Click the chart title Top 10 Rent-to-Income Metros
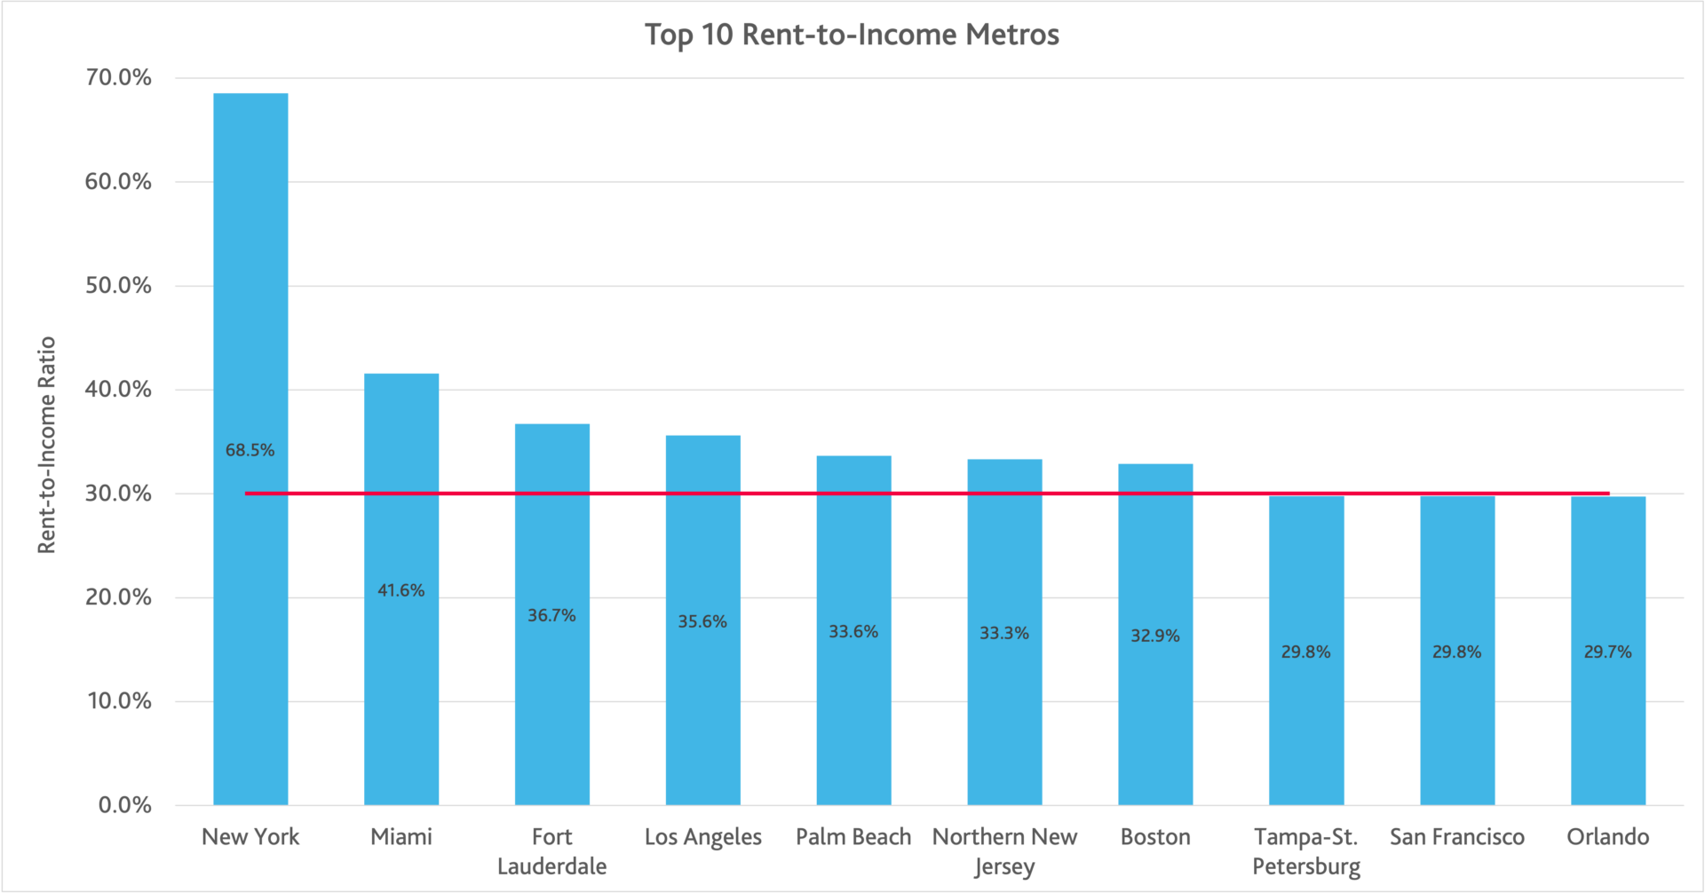pyautogui.click(x=852, y=35)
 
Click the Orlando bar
pyautogui.click(x=1607, y=728)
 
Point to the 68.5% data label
pyautogui.click(x=250, y=450)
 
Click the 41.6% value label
pyautogui.click(x=401, y=590)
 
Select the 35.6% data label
pyautogui.click(x=702, y=621)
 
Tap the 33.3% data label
pyautogui.click(x=1004, y=633)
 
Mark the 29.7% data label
pyautogui.click(x=1607, y=652)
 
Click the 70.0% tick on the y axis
pyautogui.click(x=118, y=78)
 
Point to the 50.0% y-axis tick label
pyautogui.click(x=118, y=286)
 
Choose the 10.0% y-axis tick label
pyautogui.click(x=118, y=701)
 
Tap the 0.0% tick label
pyautogui.click(x=124, y=805)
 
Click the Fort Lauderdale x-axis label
pyautogui.click(x=551, y=851)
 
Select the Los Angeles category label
pyautogui.click(x=702, y=837)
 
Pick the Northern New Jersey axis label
pyautogui.click(x=1004, y=851)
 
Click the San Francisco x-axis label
pyautogui.click(x=1456, y=837)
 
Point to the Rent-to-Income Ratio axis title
pyautogui.click(x=46, y=445)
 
